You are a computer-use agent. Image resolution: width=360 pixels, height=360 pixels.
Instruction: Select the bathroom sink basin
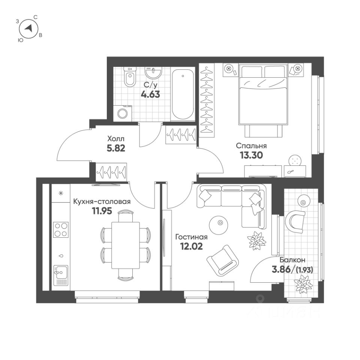tap(154, 72)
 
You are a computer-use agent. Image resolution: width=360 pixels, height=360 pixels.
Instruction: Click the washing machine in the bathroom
tap(123, 113)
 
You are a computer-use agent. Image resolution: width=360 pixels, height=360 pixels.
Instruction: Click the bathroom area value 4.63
tap(150, 94)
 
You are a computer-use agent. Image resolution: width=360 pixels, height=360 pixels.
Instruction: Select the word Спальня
tap(251, 146)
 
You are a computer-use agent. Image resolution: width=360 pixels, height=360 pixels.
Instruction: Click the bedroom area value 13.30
tap(250, 155)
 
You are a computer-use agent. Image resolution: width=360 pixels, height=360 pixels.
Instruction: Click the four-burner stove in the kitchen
tap(61, 230)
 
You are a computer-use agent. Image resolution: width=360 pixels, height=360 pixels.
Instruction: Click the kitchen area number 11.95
tap(102, 211)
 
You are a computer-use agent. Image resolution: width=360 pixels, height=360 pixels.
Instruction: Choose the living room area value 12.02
tap(191, 246)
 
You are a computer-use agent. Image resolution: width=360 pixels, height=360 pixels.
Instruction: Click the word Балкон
tap(292, 259)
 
